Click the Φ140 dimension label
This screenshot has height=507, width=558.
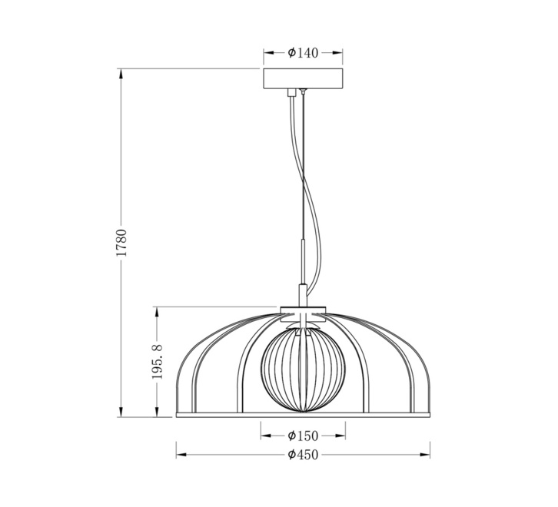point(303,53)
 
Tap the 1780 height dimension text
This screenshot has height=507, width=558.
point(121,243)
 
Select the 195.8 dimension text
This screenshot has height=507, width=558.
point(157,362)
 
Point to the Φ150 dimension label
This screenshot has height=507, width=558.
point(303,436)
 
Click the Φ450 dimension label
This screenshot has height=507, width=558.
point(303,455)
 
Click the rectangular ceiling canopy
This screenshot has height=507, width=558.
point(303,78)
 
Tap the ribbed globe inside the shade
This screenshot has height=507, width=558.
point(303,370)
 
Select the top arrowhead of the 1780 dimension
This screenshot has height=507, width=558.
point(121,74)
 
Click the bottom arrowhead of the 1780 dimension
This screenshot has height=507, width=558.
point(121,411)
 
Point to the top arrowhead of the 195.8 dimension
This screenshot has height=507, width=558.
point(156,313)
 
